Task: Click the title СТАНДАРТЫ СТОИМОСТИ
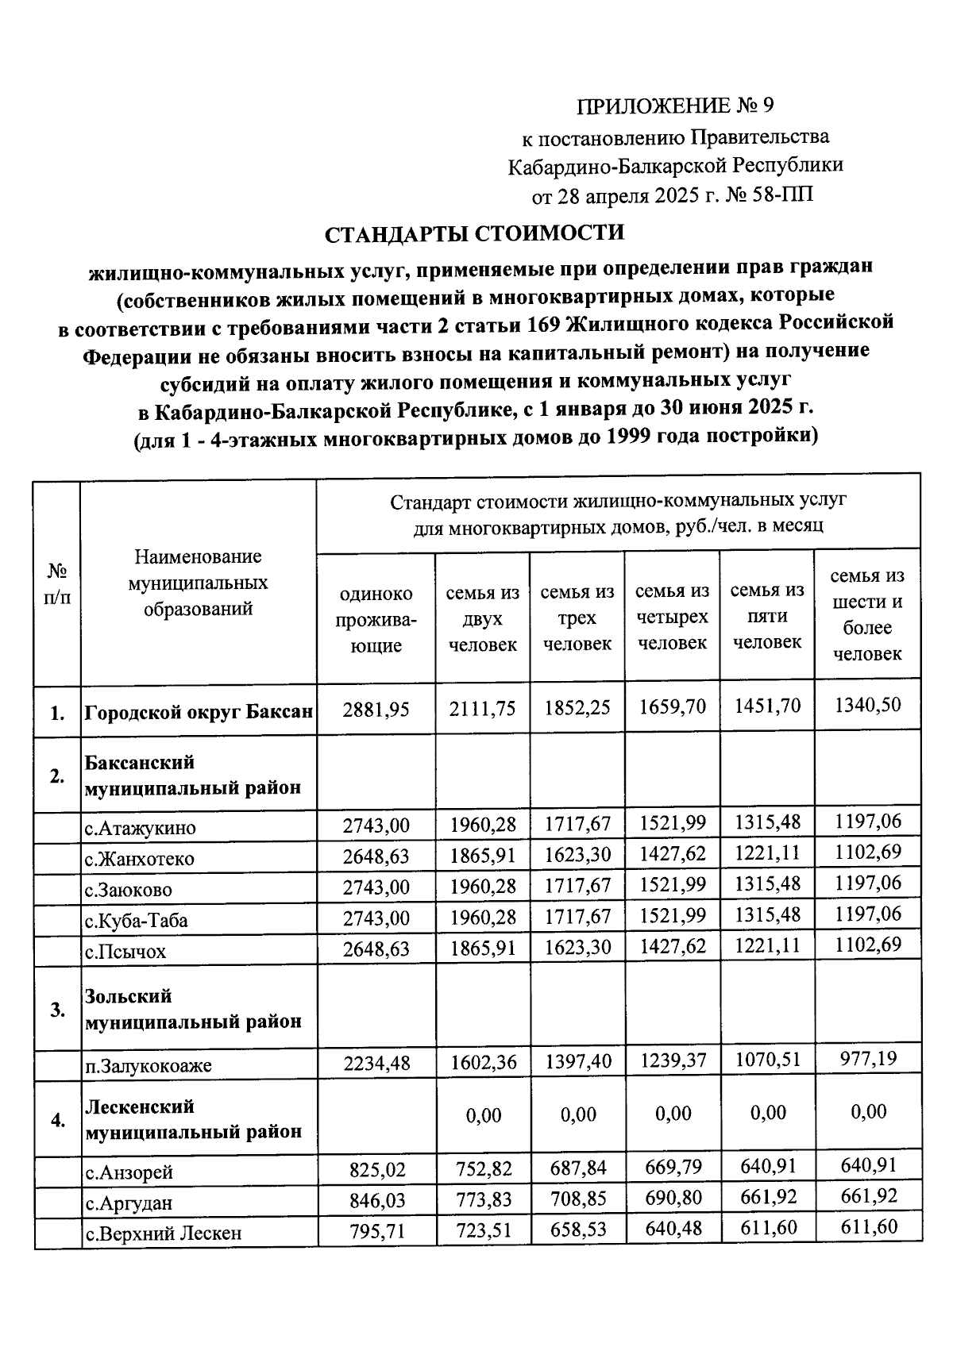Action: click(475, 233)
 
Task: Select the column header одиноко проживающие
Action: click(376, 619)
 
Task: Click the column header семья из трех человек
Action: click(577, 618)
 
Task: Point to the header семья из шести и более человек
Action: click(867, 614)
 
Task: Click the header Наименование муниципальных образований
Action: click(198, 583)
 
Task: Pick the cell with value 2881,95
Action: click(376, 709)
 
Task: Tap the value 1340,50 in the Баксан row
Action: click(867, 705)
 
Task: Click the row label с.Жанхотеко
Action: click(140, 859)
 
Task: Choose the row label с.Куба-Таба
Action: click(137, 921)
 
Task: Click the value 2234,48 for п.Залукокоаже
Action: click(376, 1063)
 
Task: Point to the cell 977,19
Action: click(867, 1058)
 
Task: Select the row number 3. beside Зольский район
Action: click(57, 1010)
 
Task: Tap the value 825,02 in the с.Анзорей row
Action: click(377, 1170)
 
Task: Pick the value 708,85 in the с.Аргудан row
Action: click(577, 1199)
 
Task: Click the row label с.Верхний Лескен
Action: click(163, 1233)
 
